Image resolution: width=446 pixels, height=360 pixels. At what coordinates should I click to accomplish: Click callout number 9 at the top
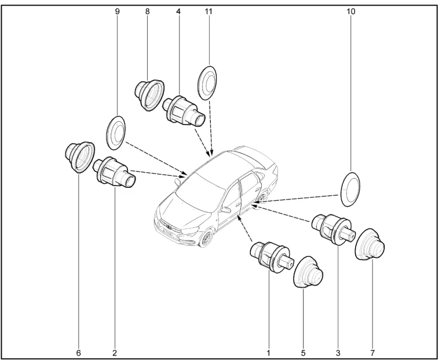pyautogui.click(x=117, y=12)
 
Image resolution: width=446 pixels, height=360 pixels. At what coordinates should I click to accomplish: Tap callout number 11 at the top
pyautogui.click(x=209, y=12)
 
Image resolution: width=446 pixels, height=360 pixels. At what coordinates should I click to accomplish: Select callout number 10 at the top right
pyautogui.click(x=350, y=12)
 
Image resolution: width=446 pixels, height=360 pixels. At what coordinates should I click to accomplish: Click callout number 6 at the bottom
pyautogui.click(x=79, y=353)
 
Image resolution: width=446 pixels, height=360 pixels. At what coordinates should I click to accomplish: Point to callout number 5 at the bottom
pyautogui.click(x=303, y=353)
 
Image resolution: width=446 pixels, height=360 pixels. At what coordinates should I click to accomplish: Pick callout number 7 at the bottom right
pyautogui.click(x=372, y=353)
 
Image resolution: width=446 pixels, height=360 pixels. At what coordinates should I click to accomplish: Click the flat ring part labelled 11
pyautogui.click(x=207, y=82)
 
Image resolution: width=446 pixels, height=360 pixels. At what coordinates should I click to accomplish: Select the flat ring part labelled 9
pyautogui.click(x=116, y=132)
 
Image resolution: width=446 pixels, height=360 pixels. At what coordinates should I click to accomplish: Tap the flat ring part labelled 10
pyautogui.click(x=350, y=189)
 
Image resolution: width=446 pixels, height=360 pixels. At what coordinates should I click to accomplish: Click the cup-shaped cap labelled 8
pyautogui.click(x=149, y=94)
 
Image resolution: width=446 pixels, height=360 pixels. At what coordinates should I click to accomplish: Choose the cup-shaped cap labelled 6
pyautogui.click(x=80, y=157)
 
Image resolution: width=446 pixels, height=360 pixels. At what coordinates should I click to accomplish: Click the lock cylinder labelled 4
pyautogui.click(x=184, y=111)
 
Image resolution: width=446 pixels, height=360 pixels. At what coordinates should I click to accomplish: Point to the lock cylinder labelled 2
pyautogui.click(x=115, y=172)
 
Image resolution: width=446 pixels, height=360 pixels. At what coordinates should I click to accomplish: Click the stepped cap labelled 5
pyautogui.click(x=308, y=272)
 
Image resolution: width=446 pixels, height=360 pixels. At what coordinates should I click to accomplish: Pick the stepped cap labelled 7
pyautogui.click(x=370, y=243)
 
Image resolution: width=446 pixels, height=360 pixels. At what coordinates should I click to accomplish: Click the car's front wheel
pyautogui.click(x=206, y=238)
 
